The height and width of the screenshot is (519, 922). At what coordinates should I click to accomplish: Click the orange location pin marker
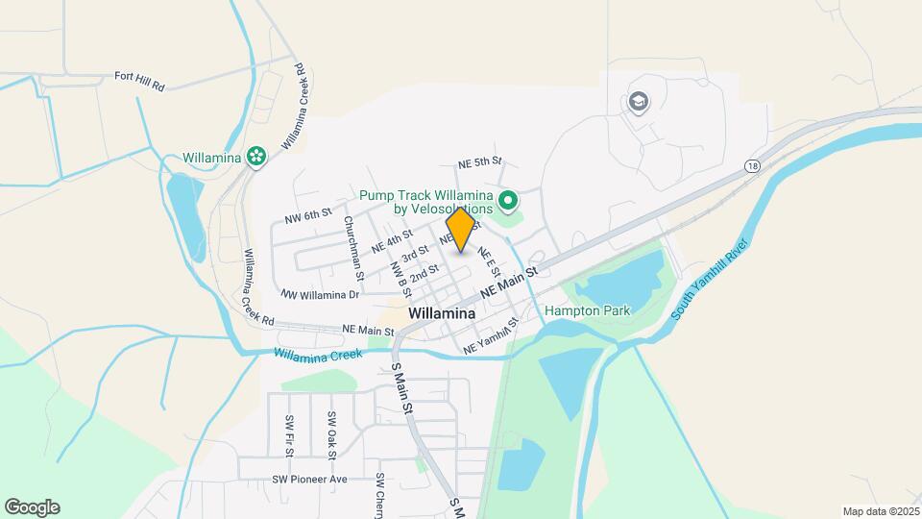tap(461, 230)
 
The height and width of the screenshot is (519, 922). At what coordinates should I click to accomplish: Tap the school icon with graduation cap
tap(638, 101)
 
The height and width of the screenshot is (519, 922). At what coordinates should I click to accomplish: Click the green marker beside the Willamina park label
tap(255, 157)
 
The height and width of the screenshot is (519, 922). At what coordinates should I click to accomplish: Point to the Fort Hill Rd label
tap(140, 80)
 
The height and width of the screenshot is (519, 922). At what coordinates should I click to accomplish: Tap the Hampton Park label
tap(587, 310)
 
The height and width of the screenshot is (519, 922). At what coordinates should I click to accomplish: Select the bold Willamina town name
tap(442, 313)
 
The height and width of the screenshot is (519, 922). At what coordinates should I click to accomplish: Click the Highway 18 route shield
tap(751, 165)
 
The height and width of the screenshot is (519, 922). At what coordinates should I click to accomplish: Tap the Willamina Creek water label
tap(317, 354)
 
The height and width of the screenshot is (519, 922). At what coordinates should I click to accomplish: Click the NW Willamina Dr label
tap(320, 294)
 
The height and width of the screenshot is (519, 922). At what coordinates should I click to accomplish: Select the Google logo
tap(32, 507)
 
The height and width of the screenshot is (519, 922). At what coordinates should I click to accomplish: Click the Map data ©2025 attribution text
tap(880, 511)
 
